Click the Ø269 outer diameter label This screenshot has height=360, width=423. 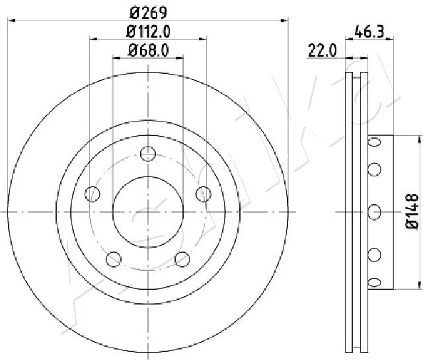pos(148,11)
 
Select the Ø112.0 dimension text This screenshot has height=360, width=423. pos(148,30)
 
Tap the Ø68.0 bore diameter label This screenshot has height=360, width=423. pos(148,49)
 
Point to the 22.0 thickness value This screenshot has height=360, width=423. pos(322,50)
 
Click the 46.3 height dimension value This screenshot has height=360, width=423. pos(367,30)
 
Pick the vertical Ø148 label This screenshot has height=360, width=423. pos(411,211)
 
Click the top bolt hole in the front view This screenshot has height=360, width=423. pos(148,155)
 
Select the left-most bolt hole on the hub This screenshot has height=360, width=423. pos(93,194)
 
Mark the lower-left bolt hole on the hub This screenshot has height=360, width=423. pos(114,258)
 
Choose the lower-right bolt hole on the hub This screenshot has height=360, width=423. pos(182,258)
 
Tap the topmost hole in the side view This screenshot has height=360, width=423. pos(375,142)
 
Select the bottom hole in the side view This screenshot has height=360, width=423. pos(375,282)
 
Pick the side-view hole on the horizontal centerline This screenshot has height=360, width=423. pos(375,212)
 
